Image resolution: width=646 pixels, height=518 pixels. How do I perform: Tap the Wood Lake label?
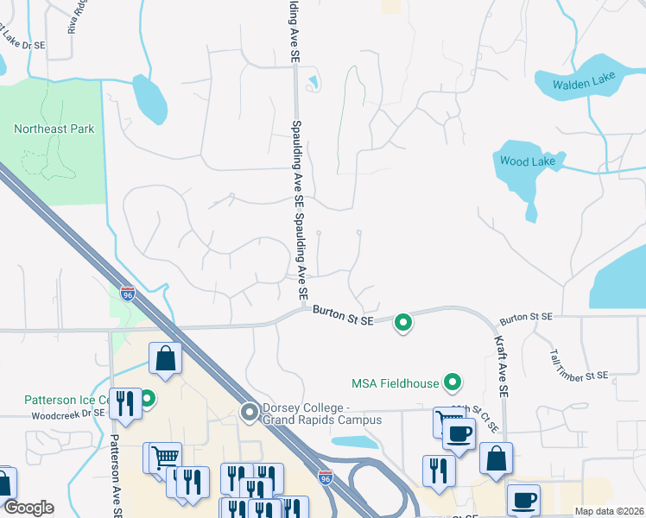(x=523, y=161)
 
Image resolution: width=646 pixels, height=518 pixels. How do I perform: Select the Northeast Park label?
(x=54, y=129)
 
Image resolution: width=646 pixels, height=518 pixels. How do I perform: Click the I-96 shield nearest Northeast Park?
(x=128, y=294)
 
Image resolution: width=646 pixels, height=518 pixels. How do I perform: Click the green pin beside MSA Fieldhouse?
(x=451, y=381)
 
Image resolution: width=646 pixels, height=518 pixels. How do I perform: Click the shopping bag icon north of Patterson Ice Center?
(x=165, y=359)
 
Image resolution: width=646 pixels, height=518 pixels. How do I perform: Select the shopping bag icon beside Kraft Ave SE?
(x=496, y=458)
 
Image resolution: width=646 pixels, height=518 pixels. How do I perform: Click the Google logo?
(x=28, y=508)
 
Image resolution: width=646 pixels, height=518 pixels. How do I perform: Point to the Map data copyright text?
(x=608, y=511)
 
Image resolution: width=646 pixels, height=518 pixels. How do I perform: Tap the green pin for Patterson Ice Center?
(x=148, y=400)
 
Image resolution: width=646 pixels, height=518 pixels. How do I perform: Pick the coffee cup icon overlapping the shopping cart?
(x=459, y=432)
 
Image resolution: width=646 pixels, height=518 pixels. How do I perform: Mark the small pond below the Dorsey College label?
(x=354, y=442)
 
